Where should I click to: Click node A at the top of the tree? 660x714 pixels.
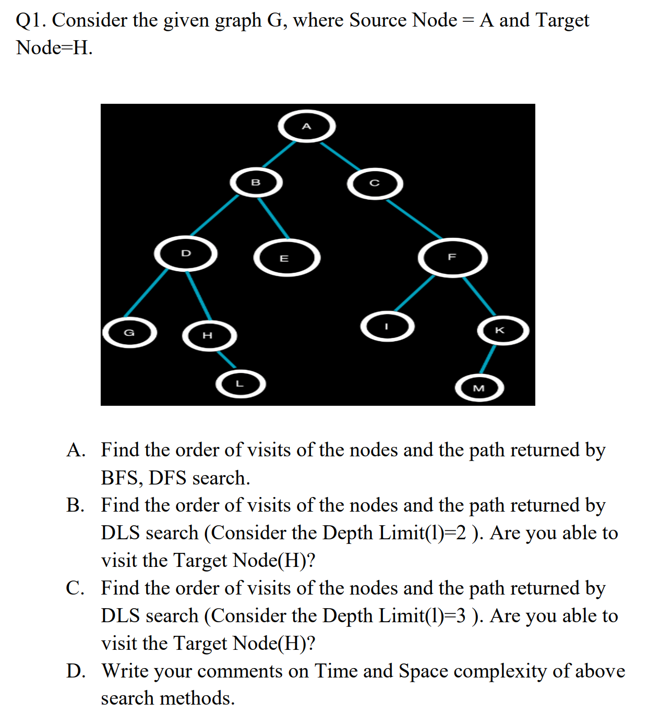307,126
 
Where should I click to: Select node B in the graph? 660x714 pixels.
256,183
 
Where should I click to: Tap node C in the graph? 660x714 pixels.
375,184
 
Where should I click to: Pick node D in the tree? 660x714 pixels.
186,253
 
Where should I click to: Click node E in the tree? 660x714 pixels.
286,258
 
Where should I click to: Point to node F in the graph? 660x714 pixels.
452,257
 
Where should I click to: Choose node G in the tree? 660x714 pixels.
129,333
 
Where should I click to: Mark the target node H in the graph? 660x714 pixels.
209,335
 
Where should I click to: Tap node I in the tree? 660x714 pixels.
387,327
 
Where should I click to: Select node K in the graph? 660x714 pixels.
502,330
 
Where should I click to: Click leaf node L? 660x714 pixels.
241,384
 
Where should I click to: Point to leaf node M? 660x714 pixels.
479,388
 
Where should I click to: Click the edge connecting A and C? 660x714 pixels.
340,155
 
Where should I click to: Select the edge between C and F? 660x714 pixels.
414,219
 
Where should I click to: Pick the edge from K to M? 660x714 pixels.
488,359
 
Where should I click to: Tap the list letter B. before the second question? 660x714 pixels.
75,505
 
